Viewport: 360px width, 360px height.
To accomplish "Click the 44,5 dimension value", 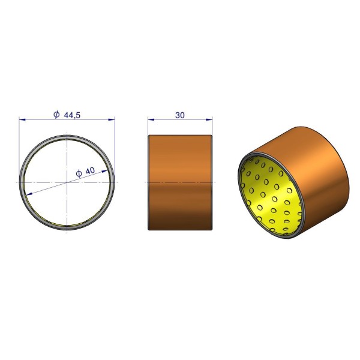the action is [72, 115].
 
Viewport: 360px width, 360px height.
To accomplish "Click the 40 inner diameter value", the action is [90, 171].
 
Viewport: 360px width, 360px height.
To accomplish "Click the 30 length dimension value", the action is [180, 115].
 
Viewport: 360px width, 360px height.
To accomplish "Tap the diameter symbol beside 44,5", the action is [56, 115].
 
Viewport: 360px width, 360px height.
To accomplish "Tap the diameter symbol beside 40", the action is [79, 173].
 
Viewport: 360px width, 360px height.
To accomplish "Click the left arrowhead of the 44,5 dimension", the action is [22, 119].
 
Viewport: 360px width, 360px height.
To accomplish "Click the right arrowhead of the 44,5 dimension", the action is [112, 119].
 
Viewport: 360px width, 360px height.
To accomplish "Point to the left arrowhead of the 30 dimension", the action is [151, 119].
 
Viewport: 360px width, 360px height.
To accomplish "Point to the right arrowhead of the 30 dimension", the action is [209, 119].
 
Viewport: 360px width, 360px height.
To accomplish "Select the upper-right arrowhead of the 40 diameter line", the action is [104, 171].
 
